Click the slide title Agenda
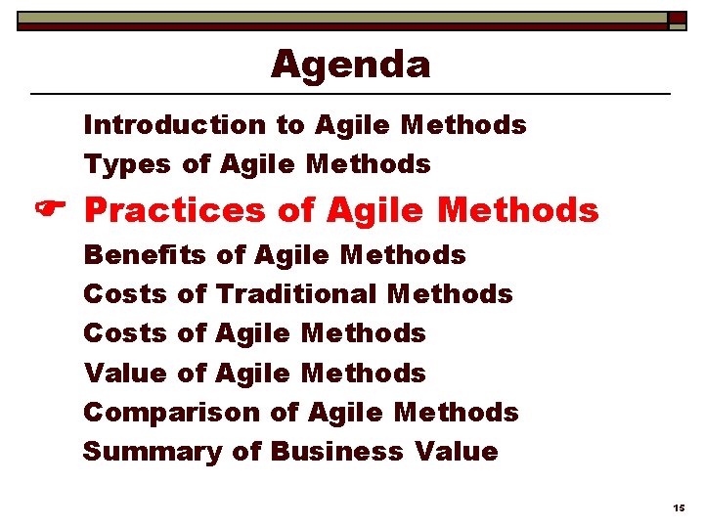tap(350, 65)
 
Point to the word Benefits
tap(145, 255)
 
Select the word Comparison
tap(172, 413)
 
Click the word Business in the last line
tap(336, 452)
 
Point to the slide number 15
tap(679, 508)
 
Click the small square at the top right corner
tap(677, 19)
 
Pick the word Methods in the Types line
tap(369, 164)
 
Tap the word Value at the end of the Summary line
tap(456, 452)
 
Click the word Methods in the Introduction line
tap(463, 125)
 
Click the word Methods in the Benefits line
tap(403, 255)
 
